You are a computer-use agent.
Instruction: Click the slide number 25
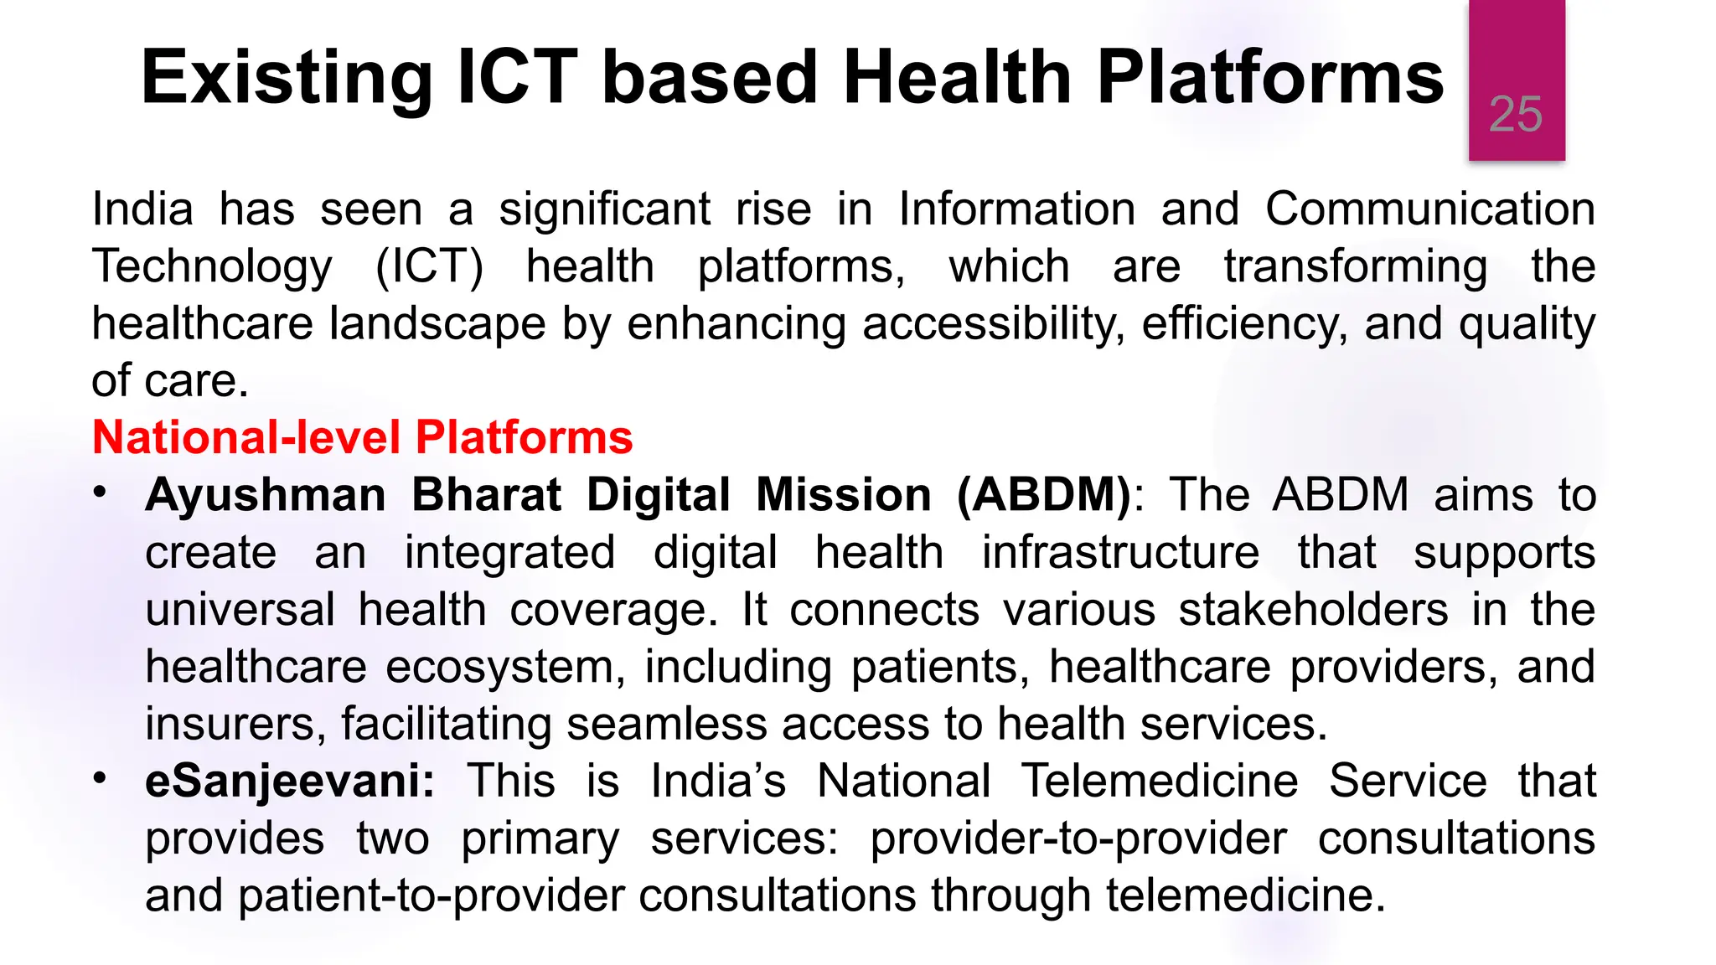1515,114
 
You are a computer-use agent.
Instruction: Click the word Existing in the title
286,78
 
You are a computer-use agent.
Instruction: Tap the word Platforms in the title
1270,78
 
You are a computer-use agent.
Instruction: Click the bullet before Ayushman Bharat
101,493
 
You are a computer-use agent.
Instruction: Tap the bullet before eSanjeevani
101,779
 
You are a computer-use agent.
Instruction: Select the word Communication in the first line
1429,209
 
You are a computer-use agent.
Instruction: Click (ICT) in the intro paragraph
429,266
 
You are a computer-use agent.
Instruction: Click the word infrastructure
1120,553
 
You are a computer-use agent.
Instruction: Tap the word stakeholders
1313,610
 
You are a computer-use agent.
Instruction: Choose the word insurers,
235,724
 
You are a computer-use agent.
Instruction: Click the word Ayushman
265,494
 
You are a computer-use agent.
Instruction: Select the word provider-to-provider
1078,839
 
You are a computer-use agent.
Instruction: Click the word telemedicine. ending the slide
1245,895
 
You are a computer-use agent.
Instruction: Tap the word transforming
1355,266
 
